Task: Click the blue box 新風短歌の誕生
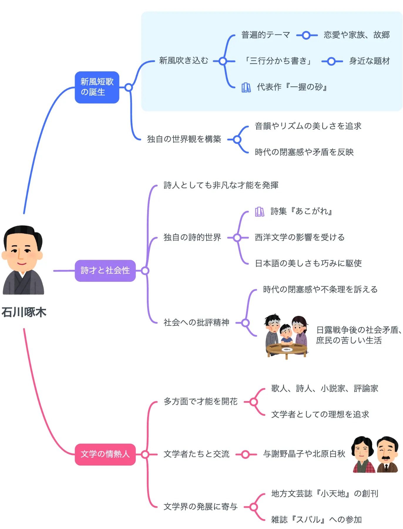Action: click(x=97, y=87)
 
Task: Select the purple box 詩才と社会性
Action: click(x=105, y=271)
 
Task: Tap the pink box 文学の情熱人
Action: click(x=105, y=454)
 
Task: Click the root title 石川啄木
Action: click(x=24, y=312)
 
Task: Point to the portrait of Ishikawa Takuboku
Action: click(x=23, y=260)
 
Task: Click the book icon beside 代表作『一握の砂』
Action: click(x=246, y=87)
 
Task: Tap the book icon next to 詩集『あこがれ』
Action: click(x=260, y=212)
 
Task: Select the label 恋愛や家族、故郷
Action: click(x=357, y=35)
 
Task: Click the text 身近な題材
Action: click(x=370, y=61)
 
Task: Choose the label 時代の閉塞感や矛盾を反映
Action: click(x=304, y=152)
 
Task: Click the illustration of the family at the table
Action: click(x=287, y=336)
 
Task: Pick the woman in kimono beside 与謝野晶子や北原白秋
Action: click(x=364, y=454)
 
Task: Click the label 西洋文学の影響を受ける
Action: click(x=300, y=237)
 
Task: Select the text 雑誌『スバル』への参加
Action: click(x=316, y=520)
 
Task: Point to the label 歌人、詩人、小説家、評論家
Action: click(x=325, y=389)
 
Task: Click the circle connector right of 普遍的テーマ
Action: click(x=306, y=35)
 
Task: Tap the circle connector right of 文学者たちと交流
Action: click(x=246, y=455)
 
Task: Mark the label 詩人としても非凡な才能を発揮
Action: click(x=221, y=185)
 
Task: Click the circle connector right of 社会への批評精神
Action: click(x=246, y=323)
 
